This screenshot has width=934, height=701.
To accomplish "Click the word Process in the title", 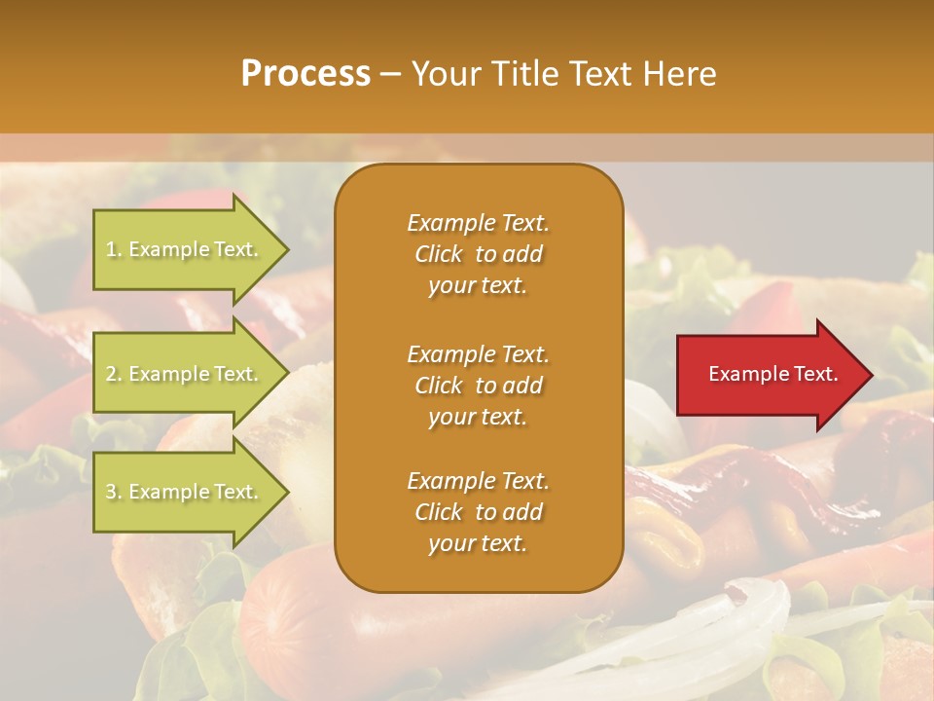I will [305, 74].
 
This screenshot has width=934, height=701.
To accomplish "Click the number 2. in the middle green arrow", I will [114, 374].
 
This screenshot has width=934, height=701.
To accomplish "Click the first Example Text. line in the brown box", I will [478, 223].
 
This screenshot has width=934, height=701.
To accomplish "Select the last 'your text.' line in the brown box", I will [478, 543].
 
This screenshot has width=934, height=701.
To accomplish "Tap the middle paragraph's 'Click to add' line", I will [478, 386].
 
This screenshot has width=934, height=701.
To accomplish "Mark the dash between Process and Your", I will [390, 75].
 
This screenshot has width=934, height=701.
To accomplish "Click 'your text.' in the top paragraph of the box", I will [478, 285].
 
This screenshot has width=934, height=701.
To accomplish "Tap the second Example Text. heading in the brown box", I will [478, 354].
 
